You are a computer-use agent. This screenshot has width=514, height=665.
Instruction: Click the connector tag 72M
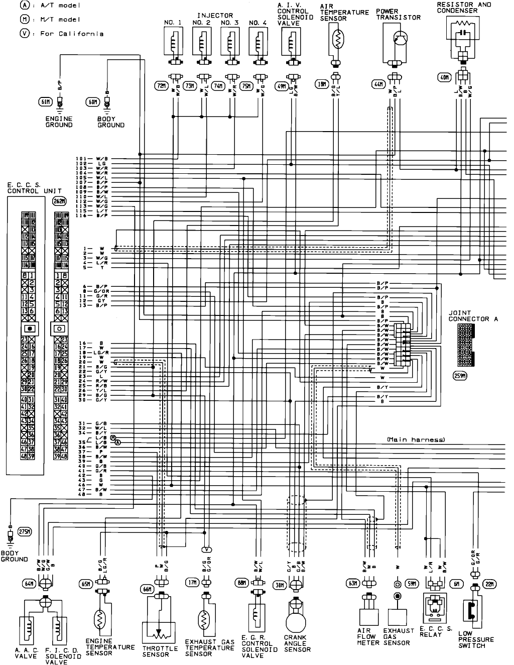tap(161, 85)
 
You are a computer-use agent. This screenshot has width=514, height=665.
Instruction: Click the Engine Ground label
tap(59, 122)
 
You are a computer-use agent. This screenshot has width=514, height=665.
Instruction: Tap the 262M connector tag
tap(59, 200)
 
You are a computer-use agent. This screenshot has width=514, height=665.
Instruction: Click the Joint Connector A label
tap(468, 316)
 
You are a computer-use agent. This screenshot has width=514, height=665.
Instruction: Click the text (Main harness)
tap(416, 439)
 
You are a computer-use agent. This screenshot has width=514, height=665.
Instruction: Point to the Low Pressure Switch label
tap(475, 639)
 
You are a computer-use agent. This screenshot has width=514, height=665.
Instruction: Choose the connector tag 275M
tap(24, 531)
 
